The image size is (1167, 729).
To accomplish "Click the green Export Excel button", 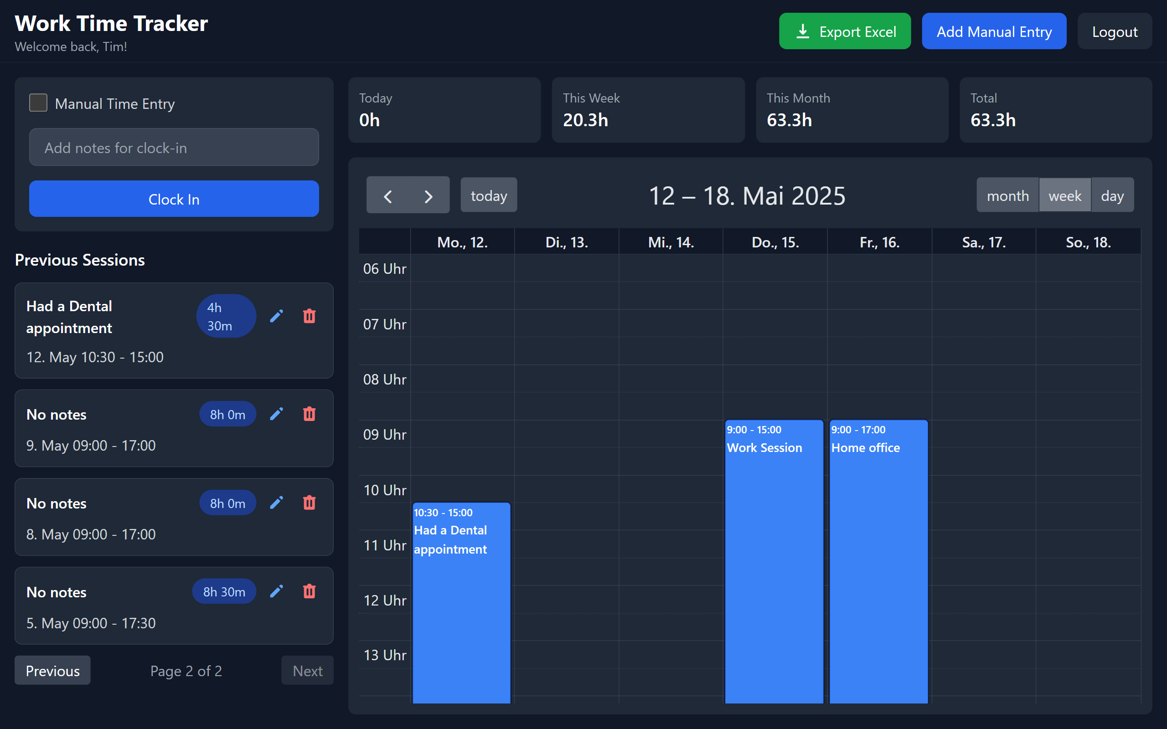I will click(x=844, y=31).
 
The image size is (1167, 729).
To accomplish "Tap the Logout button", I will click(x=1114, y=31).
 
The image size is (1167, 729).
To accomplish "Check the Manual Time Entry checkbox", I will click(x=38, y=103).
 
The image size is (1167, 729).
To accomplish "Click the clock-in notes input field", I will click(x=174, y=147).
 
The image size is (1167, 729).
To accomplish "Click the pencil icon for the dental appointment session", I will click(x=276, y=316).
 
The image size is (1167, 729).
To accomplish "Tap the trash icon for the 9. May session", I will click(x=309, y=414).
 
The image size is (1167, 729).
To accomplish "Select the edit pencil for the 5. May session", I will click(x=276, y=591).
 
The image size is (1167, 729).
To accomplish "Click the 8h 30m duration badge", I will click(x=224, y=591).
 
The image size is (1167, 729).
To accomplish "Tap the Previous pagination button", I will click(x=52, y=670).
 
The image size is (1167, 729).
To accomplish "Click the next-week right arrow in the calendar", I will click(x=428, y=196).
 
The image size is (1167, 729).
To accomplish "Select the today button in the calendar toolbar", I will click(x=489, y=195).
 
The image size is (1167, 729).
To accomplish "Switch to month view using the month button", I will click(x=1007, y=195).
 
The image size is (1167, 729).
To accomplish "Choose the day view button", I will click(x=1112, y=195).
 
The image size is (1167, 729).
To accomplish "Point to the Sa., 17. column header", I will click(x=984, y=242).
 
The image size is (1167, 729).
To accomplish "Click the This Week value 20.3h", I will click(x=585, y=120).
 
